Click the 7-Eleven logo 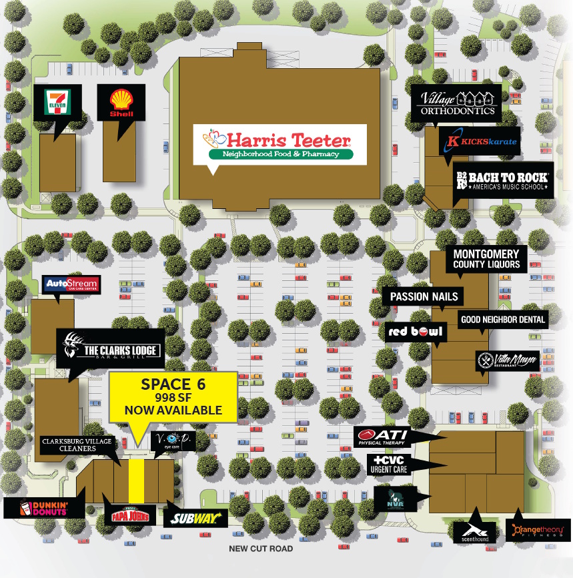(57, 103)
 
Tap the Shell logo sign (121, 103)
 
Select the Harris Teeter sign (279, 144)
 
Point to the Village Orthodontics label (457, 103)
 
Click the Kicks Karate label (479, 141)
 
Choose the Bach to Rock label (503, 180)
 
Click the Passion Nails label (424, 296)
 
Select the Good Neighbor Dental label (504, 320)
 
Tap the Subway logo (196, 518)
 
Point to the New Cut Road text (261, 549)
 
